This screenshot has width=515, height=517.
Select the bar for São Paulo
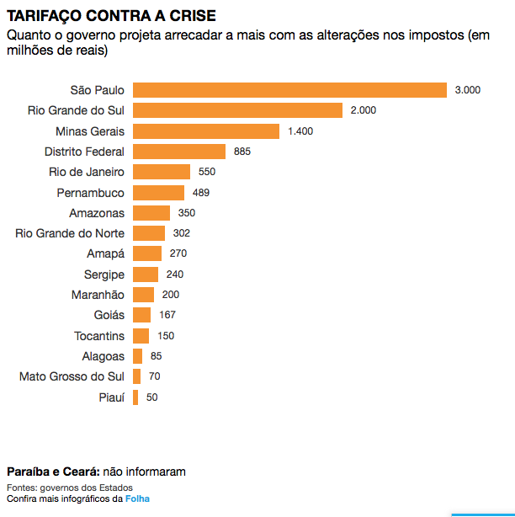289,90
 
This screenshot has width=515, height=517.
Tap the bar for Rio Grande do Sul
237,110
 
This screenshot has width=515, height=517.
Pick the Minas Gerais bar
205,131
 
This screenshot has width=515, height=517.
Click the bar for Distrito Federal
179,152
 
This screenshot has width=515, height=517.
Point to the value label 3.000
467,90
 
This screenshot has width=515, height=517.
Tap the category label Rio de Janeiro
87,172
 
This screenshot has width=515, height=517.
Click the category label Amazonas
97,213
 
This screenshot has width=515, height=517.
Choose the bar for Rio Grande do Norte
149,233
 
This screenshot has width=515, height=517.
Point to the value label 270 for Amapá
178,253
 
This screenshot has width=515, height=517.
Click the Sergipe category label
104,274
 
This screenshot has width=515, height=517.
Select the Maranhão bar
143,295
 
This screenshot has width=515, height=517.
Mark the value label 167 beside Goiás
168,315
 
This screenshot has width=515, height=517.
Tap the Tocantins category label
99,336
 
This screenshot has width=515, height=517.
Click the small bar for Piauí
135,397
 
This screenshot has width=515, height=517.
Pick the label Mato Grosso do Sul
72,376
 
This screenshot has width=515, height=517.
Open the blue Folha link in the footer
137,499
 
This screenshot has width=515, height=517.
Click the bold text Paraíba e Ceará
52,472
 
